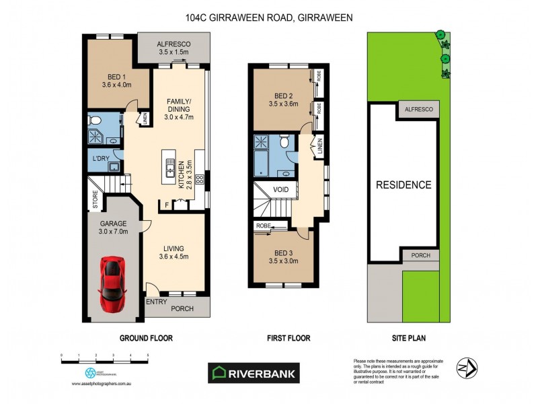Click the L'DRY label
101,159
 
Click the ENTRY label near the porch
156,301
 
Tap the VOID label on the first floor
280,190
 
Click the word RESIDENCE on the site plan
403,184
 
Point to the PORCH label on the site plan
420,255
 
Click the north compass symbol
466,368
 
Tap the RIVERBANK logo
253,373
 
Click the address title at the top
269,19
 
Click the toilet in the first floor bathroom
284,142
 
